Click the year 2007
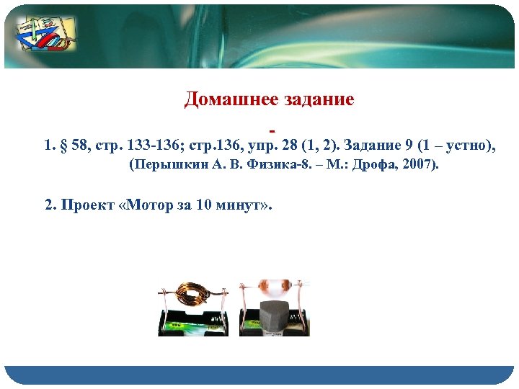tap(418, 166)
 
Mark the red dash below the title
tap(272, 131)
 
